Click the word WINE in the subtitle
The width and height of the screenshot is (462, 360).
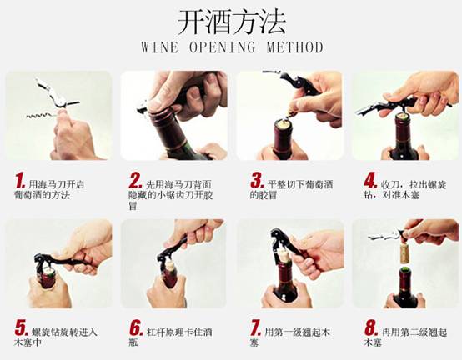click(x=159, y=47)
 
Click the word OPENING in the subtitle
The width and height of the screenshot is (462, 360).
click(x=222, y=47)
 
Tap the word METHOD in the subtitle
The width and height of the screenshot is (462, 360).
click(x=295, y=47)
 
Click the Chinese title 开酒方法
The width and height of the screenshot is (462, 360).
click(x=232, y=22)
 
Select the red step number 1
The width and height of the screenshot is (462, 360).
click(x=20, y=181)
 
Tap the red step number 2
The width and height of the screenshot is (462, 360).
click(x=135, y=181)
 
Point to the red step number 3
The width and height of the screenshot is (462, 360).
click(x=257, y=180)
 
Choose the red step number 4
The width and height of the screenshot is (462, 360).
click(x=370, y=180)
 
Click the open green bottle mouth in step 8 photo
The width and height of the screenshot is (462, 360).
click(x=406, y=269)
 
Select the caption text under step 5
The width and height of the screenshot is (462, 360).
click(x=55, y=337)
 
